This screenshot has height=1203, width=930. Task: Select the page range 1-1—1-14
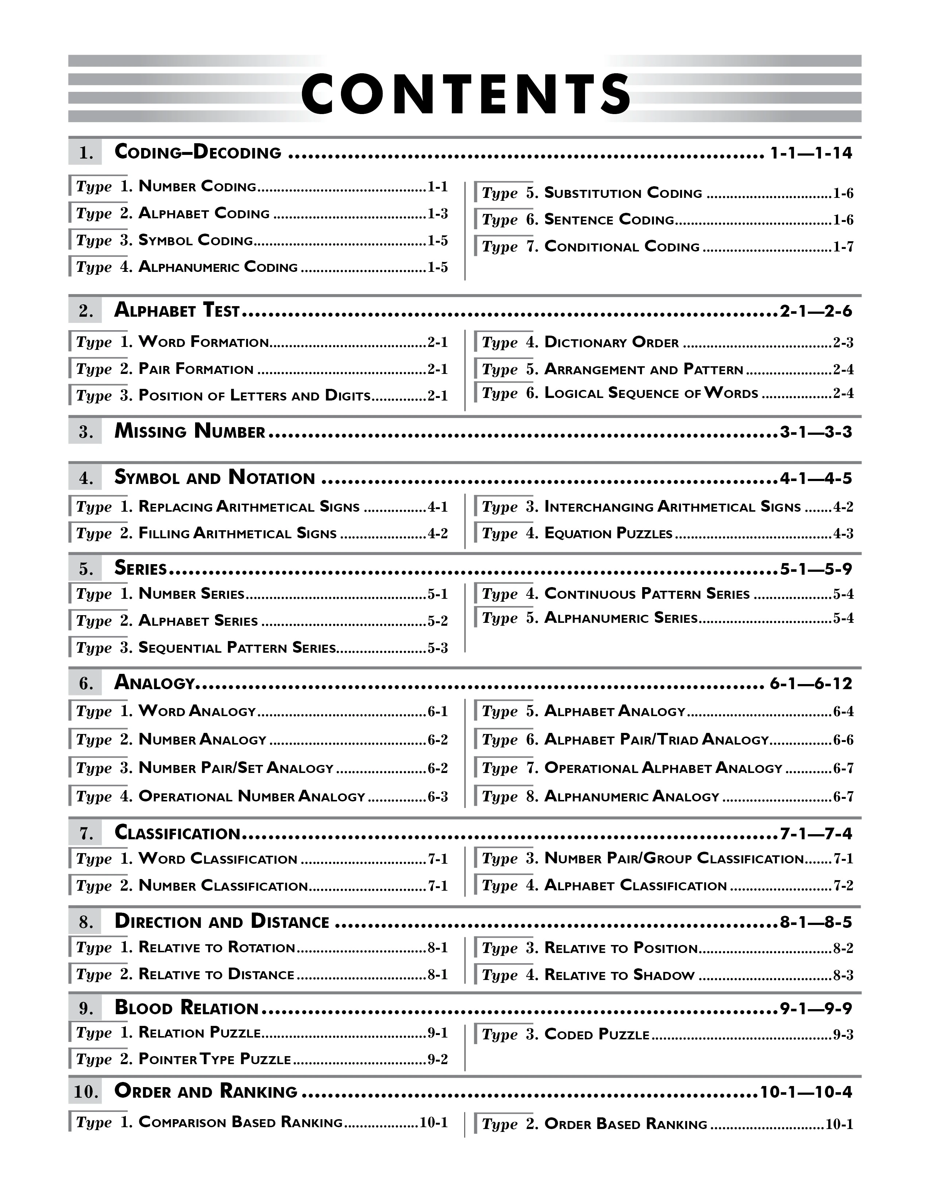(x=810, y=153)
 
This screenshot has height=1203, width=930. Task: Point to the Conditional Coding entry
(x=621, y=247)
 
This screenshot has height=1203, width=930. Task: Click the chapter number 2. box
(x=85, y=311)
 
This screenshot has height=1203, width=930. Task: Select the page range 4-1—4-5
(x=815, y=478)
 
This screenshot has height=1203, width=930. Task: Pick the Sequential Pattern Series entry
(x=237, y=647)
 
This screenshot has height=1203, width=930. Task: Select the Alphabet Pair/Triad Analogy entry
(x=656, y=740)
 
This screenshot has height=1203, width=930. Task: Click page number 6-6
(x=843, y=740)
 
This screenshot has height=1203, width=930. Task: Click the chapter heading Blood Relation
(x=186, y=1008)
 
